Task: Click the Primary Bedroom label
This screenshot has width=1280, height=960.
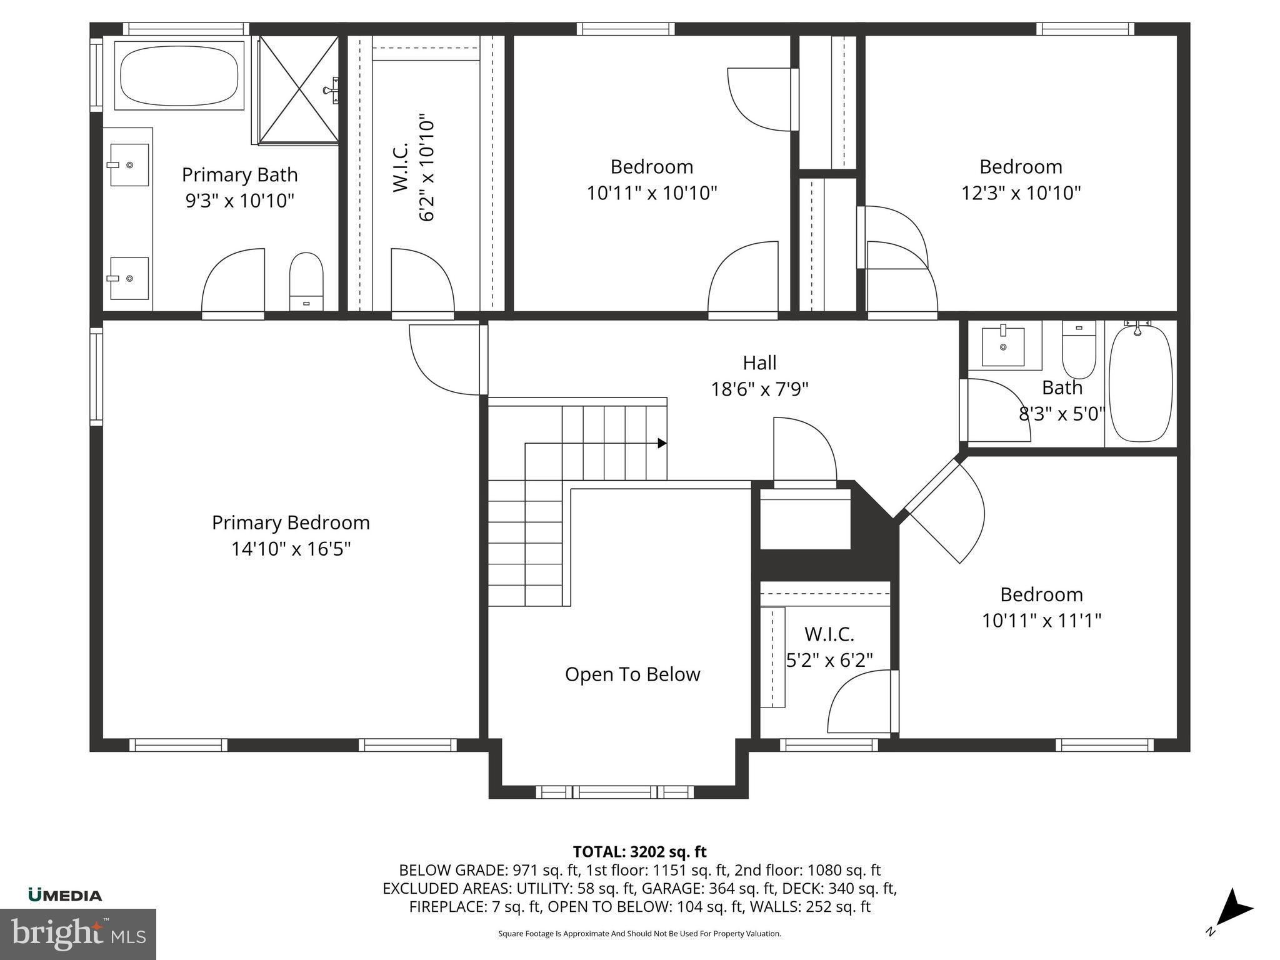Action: [291, 522]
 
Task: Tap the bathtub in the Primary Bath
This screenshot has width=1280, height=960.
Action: [179, 76]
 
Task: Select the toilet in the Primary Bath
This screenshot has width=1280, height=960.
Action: [306, 281]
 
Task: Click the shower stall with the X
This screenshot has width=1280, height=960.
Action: [299, 90]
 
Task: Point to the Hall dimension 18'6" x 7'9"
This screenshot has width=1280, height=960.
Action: [759, 389]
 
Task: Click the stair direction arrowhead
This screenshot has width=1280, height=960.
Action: [662, 443]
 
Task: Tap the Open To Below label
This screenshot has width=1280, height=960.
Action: [632, 674]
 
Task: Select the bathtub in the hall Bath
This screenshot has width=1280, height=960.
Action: [1140, 383]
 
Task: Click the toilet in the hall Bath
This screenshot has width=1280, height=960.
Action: [1079, 349]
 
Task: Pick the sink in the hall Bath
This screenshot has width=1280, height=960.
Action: [1003, 346]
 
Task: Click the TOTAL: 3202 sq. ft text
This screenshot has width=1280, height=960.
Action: [639, 852]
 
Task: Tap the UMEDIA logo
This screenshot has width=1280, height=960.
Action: [65, 896]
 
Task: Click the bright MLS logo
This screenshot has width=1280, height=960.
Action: [78, 934]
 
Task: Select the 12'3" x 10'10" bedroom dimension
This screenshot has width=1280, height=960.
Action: [1021, 193]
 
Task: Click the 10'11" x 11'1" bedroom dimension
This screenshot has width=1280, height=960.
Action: [1041, 621]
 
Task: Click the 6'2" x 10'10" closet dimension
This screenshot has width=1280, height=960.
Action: [426, 167]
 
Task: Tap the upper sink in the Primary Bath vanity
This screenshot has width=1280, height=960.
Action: [129, 165]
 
